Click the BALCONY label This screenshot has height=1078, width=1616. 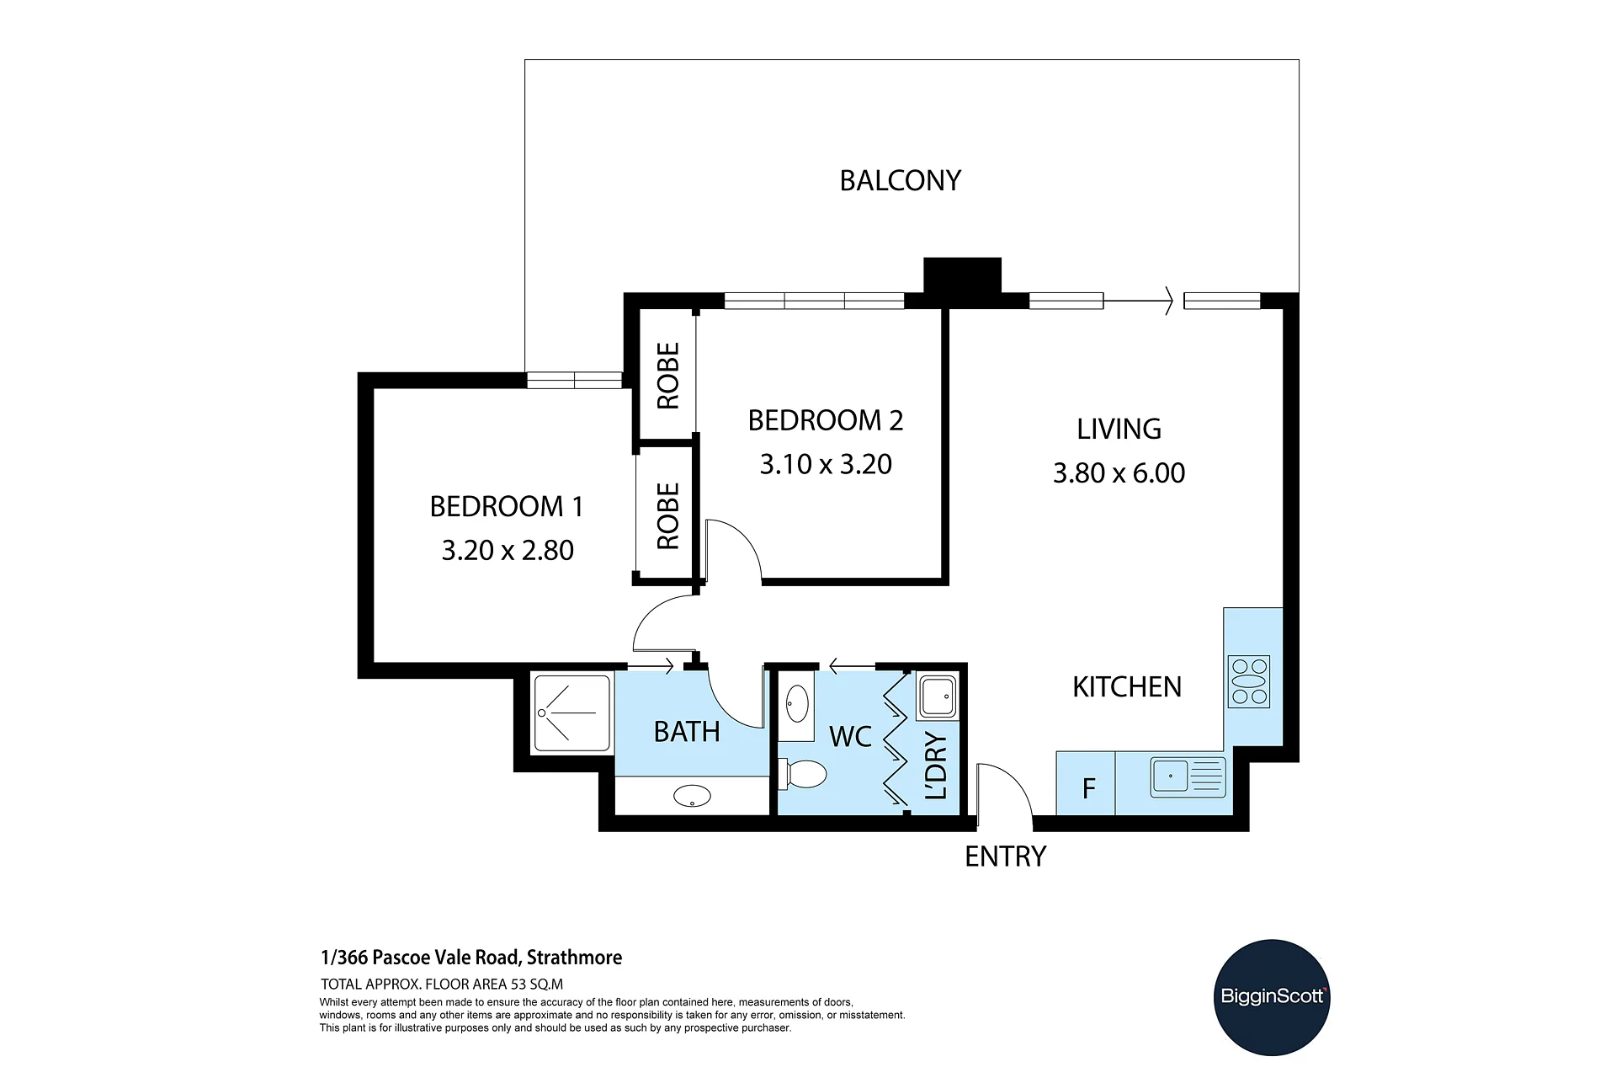click(x=901, y=180)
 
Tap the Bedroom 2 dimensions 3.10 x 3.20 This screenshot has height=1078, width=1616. click(x=826, y=464)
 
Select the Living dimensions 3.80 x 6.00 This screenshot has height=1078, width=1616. click(x=1119, y=472)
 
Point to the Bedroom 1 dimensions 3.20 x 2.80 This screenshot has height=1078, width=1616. click(x=508, y=550)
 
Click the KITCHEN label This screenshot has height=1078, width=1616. click(x=1127, y=687)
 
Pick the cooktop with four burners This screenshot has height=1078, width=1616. click(x=1249, y=681)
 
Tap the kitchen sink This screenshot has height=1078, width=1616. click(x=1188, y=776)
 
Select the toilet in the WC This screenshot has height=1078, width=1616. click(x=803, y=774)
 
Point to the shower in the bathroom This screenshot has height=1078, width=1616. click(x=572, y=713)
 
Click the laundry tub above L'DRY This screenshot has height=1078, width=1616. click(x=937, y=696)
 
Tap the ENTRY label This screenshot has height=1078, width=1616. click(x=1005, y=857)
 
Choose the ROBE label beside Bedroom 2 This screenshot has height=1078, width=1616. click(x=667, y=376)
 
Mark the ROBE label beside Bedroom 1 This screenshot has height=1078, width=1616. click(x=667, y=515)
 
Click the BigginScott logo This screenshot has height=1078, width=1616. click(x=1272, y=997)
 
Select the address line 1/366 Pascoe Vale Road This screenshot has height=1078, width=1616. click(x=471, y=958)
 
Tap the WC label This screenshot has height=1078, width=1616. click(x=850, y=736)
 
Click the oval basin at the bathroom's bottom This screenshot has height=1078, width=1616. click(x=693, y=796)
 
